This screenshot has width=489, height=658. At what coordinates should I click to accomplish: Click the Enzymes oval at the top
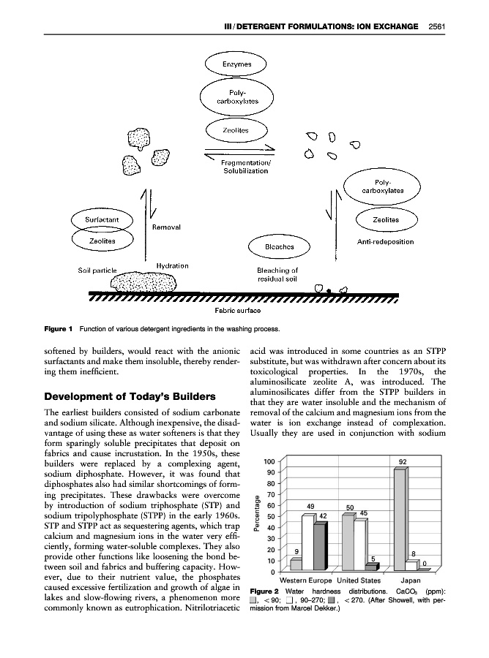(237, 64)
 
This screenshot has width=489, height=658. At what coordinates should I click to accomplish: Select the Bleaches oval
(275, 246)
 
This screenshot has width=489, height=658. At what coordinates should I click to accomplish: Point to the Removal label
(166, 227)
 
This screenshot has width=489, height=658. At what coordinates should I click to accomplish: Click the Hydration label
(173, 265)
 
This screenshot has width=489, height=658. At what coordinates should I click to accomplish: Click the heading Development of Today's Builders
(130, 396)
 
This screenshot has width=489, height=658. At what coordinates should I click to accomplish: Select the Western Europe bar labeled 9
(296, 564)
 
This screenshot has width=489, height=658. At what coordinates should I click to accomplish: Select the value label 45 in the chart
(364, 513)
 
